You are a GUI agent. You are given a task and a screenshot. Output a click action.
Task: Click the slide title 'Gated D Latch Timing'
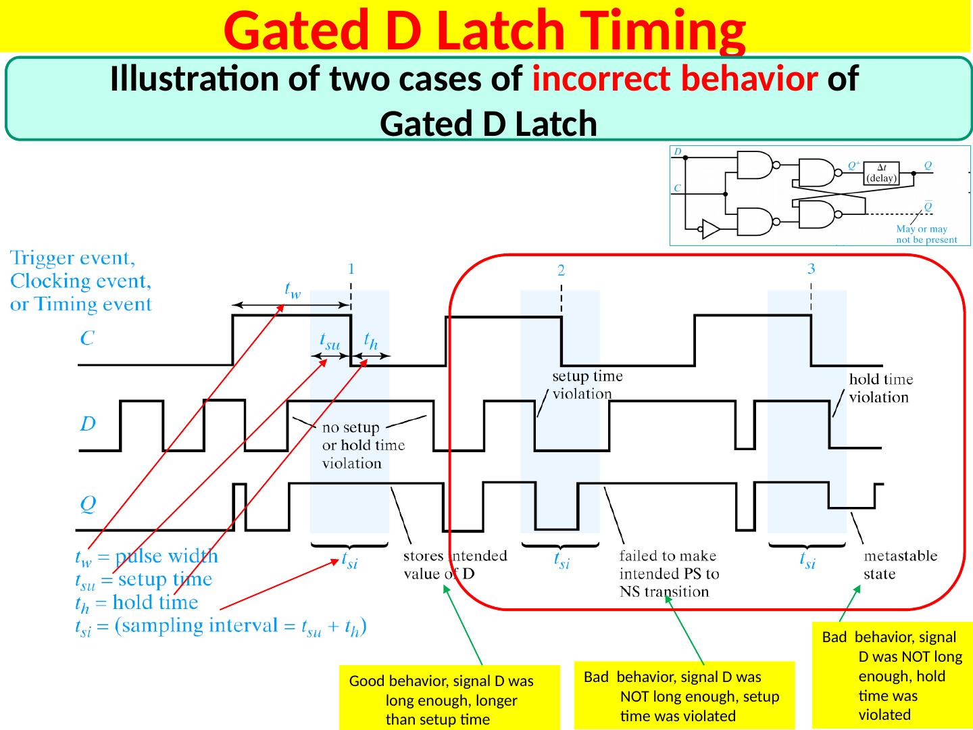484,30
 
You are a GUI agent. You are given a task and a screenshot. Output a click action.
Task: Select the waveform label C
87,340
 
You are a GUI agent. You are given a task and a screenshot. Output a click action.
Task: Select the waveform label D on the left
88,424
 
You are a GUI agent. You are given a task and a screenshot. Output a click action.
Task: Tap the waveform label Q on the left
88,504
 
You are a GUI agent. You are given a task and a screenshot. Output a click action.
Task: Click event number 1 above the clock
351,268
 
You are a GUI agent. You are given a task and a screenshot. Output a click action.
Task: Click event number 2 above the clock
561,270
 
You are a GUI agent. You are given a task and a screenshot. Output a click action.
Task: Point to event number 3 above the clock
812,268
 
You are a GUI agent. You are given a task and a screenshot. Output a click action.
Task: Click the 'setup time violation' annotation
587,385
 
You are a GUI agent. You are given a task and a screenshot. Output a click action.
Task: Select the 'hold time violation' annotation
880,389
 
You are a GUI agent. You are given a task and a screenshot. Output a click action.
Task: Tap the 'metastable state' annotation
901,564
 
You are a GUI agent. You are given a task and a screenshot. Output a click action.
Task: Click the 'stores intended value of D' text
455,565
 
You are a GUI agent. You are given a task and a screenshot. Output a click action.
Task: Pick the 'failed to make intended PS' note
669,574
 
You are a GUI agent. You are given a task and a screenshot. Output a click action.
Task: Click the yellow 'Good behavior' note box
449,700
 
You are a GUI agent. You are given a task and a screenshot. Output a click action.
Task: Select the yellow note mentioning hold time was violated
892,675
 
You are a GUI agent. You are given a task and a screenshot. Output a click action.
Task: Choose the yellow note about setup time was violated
684,696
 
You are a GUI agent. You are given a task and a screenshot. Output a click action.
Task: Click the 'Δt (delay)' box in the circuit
882,174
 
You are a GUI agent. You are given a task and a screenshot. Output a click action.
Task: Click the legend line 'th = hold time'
136,602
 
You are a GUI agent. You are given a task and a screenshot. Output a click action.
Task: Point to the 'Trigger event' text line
78,259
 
